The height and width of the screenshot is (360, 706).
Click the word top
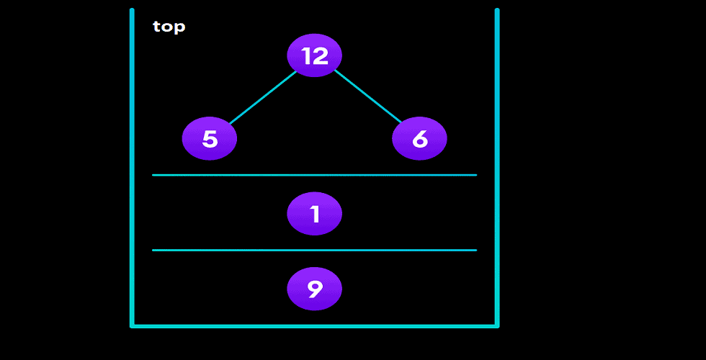(169, 27)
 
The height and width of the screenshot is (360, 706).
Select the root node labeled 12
(314, 55)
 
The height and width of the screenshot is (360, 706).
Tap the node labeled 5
(210, 138)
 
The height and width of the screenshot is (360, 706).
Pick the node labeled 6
(419, 138)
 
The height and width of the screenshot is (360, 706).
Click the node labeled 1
(314, 214)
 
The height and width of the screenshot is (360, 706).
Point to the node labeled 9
(314, 289)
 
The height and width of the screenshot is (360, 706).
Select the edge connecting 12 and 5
(262, 97)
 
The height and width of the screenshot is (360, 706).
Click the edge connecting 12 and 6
(367, 96)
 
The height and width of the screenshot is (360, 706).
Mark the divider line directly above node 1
(314, 175)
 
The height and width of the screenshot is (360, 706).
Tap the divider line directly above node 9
(314, 251)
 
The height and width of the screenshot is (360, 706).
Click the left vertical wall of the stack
(132, 166)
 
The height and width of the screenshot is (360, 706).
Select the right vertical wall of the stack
(497, 166)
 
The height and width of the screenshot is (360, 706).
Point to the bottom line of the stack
(314, 325)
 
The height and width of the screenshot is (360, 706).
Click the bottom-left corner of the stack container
(133, 325)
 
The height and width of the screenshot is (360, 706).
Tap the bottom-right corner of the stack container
(497, 325)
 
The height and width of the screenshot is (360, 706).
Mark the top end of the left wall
(132, 11)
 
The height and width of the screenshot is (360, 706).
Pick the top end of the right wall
(497, 11)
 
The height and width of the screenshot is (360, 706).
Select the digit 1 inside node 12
(306, 55)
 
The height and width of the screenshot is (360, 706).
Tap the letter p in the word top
(179, 29)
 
